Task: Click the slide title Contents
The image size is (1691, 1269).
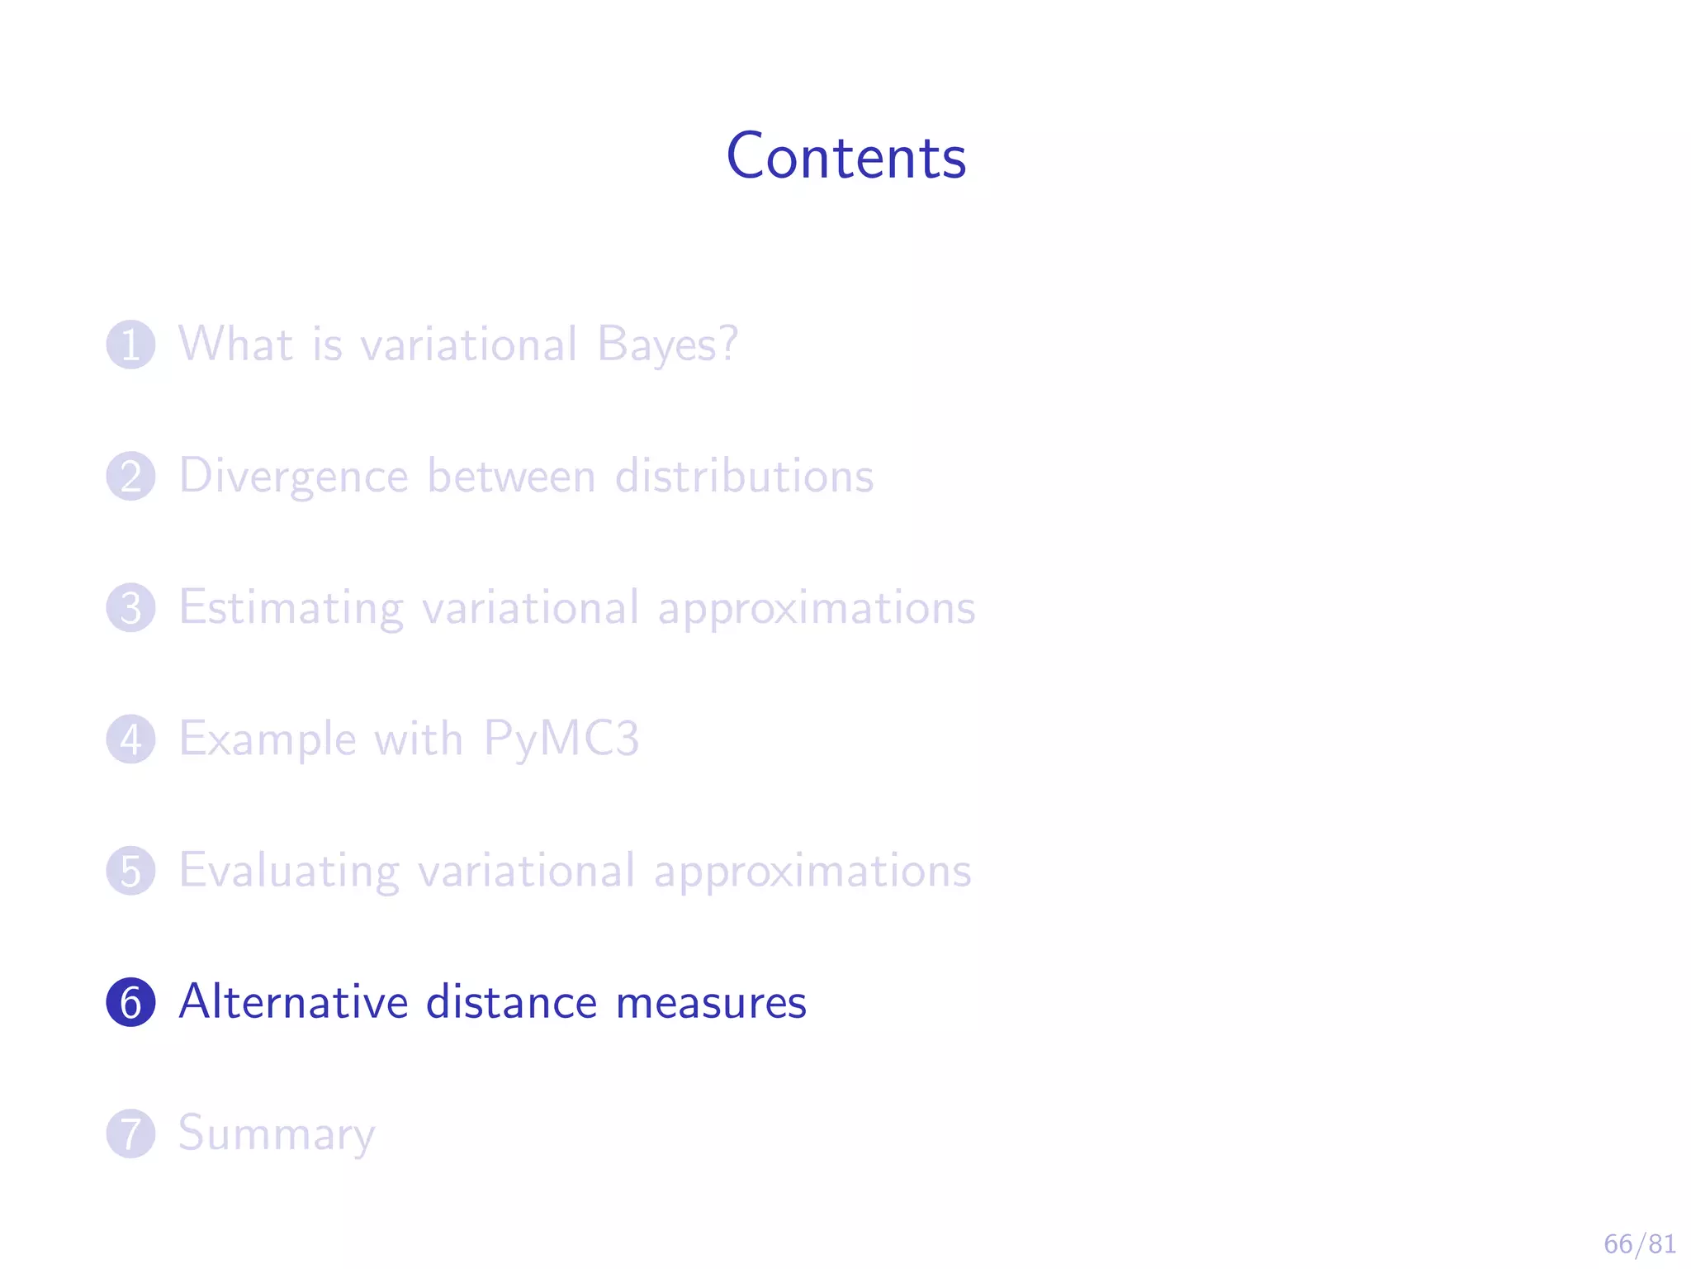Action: point(845,156)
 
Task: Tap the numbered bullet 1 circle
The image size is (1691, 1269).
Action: point(130,345)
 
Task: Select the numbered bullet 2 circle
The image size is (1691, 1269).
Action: point(130,476)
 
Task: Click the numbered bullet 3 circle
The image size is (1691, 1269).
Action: point(130,607)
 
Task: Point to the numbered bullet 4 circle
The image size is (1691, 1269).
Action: point(130,739)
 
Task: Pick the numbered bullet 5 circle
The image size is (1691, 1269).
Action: point(130,870)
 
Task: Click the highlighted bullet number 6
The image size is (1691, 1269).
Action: point(130,1001)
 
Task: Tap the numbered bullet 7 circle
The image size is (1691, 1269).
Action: point(130,1133)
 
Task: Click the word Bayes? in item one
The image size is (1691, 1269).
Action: point(667,345)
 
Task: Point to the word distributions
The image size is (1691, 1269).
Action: point(744,476)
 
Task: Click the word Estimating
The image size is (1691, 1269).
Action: point(291,609)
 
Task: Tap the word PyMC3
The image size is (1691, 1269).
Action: point(561,739)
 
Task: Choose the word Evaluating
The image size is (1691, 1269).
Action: point(289,872)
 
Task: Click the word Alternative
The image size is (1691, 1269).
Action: point(294,1001)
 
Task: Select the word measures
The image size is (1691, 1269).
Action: point(711,1003)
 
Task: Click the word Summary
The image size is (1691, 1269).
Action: point(277,1134)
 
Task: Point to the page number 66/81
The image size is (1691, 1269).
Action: point(1640,1243)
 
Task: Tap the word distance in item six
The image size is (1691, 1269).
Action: point(511,1001)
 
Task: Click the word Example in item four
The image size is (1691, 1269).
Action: point(268,739)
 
